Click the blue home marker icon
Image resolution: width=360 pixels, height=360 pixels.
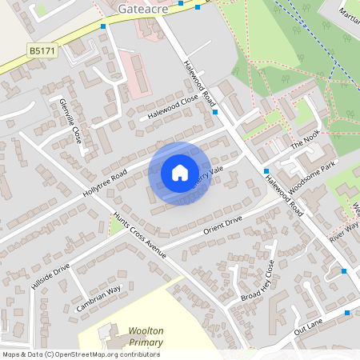coord(179,172)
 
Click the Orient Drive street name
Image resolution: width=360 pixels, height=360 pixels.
coord(222,224)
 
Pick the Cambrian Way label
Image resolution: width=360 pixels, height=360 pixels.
coord(98,298)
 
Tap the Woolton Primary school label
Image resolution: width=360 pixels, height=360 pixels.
coord(146,337)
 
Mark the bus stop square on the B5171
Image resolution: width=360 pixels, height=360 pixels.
coord(103,26)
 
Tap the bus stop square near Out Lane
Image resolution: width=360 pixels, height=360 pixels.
coord(345,271)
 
